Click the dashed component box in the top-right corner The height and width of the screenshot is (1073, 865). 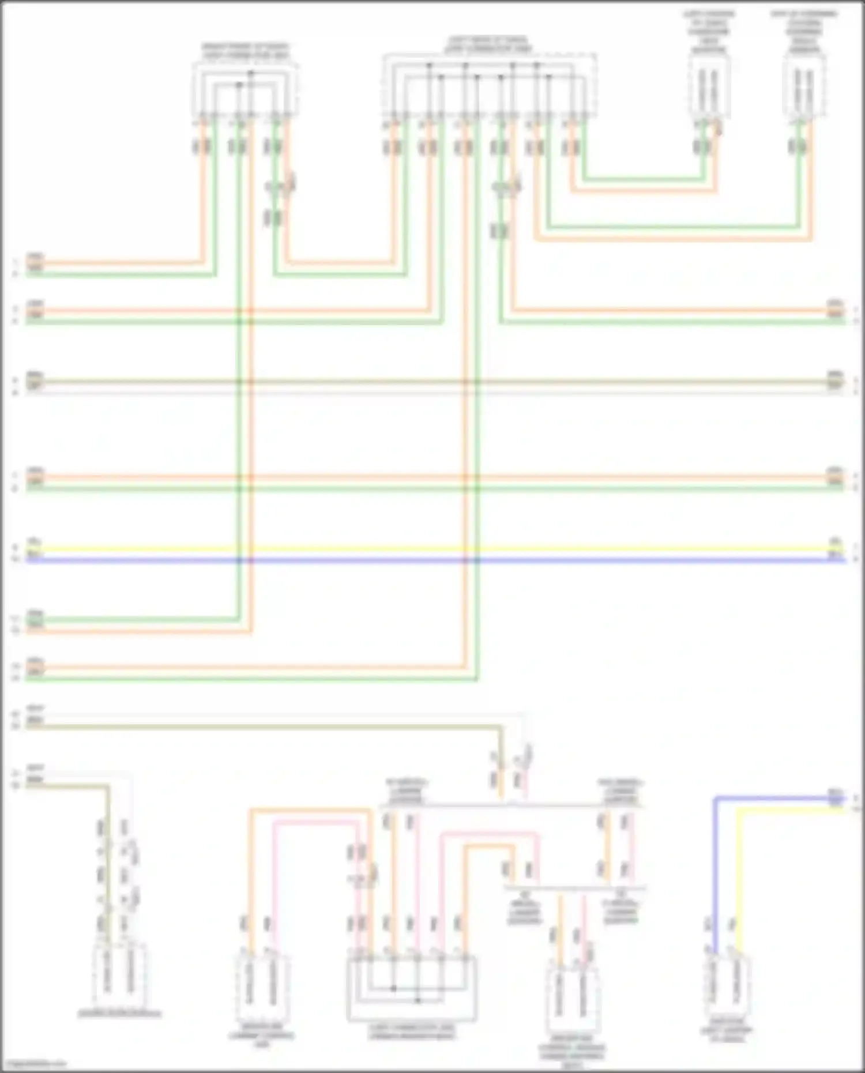[804, 86]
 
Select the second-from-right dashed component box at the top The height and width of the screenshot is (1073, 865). [709, 86]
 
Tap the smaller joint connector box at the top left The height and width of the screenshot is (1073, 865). [245, 89]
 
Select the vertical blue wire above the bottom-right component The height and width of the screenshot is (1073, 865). [714, 865]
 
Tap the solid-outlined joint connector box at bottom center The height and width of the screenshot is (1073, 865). [412, 989]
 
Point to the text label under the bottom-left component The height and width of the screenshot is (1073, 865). [119, 1013]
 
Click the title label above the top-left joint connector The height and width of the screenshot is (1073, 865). [245, 51]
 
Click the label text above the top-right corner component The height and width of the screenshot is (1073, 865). [804, 32]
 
